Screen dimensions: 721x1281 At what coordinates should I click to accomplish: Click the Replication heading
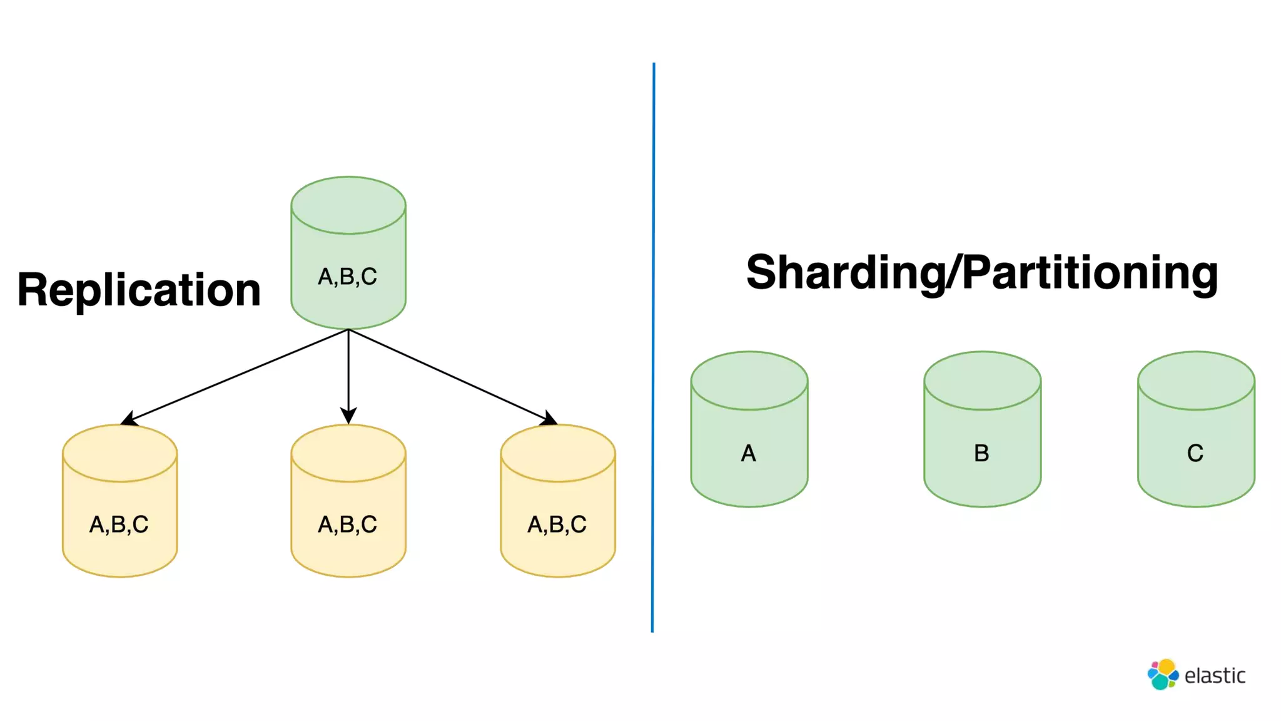(x=139, y=290)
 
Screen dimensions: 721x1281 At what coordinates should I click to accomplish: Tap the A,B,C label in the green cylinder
(x=348, y=276)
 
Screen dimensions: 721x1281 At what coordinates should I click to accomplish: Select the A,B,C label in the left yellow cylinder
(x=119, y=524)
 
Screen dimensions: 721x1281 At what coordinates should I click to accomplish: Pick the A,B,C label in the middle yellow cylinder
(x=348, y=524)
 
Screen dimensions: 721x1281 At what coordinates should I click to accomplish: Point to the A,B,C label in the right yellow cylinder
(x=557, y=524)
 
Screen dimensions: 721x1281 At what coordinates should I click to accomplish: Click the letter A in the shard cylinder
(x=749, y=453)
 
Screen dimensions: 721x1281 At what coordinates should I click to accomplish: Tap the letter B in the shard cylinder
(x=981, y=453)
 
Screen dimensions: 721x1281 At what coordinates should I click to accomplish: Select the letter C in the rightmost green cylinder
(x=1195, y=453)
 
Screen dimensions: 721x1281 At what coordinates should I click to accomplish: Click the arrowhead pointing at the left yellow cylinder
(x=129, y=419)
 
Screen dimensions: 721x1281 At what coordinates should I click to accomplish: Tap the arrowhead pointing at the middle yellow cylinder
(x=348, y=416)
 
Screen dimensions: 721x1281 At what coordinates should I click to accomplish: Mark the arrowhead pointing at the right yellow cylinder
(x=549, y=418)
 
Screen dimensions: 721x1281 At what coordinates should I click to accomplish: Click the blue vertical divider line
(x=653, y=347)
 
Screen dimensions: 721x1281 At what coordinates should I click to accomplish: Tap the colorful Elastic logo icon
(x=1163, y=675)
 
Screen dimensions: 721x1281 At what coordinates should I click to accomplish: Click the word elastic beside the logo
(x=1215, y=676)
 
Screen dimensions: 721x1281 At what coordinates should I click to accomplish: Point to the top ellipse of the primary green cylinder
(x=348, y=205)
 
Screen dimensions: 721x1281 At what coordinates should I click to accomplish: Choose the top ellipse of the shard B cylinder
(x=982, y=381)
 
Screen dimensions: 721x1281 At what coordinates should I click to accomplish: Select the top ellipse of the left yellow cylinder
(x=119, y=453)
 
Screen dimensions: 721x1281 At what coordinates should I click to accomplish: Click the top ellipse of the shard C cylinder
(x=1196, y=381)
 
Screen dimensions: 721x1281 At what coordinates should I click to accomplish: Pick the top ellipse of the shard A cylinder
(x=749, y=381)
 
